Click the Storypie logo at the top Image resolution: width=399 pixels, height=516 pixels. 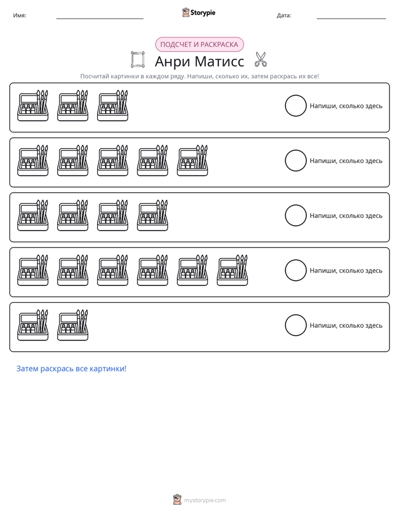tap(198, 12)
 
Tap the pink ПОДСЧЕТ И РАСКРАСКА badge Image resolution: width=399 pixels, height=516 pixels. tap(199, 45)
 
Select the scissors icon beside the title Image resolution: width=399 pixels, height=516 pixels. tap(261, 59)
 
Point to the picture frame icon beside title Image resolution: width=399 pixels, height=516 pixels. tap(137, 60)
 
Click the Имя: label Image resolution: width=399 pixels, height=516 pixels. tap(20, 16)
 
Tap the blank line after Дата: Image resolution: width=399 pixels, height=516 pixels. tap(351, 19)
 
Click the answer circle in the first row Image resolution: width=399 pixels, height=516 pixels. tap(296, 106)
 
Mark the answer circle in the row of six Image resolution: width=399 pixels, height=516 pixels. tap(296, 270)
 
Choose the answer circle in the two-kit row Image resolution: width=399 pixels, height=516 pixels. tap(296, 325)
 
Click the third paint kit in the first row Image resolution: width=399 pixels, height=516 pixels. tap(112, 106)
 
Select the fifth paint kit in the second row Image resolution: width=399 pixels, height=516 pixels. tap(192, 160)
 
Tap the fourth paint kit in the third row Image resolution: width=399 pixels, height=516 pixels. tap(153, 215)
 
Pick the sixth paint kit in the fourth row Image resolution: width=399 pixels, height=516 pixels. tap(232, 270)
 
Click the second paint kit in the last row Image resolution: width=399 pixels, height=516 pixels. tap(73, 325)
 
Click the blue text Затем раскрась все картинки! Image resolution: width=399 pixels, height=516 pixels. tap(72, 369)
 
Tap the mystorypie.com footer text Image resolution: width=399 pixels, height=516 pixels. tap(205, 500)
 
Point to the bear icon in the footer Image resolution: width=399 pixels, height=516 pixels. tap(177, 500)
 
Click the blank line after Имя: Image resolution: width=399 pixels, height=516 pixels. tap(99, 19)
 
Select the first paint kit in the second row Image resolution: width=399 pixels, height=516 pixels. tap(33, 160)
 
